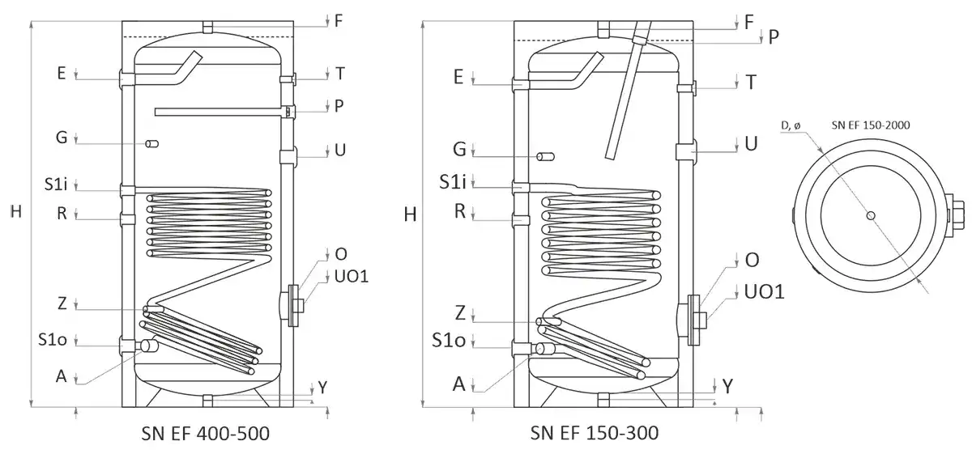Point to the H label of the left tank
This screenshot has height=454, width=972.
coord(15,212)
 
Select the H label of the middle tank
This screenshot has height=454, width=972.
coord(410,214)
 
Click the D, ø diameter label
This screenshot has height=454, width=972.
coord(792,125)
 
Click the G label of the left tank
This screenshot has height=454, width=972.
coord(61,138)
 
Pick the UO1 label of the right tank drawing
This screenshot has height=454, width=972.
coord(764,291)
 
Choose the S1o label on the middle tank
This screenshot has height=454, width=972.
coord(448,341)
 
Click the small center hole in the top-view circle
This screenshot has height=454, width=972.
coord(870,215)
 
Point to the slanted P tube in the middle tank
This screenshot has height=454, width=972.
coord(624,93)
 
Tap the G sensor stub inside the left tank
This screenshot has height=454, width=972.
coord(151,144)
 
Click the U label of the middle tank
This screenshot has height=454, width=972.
coord(751,144)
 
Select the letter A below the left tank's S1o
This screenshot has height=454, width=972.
coord(61,375)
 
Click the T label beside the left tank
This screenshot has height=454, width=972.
coord(340,74)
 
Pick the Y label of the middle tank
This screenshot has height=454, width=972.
coord(729,387)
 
